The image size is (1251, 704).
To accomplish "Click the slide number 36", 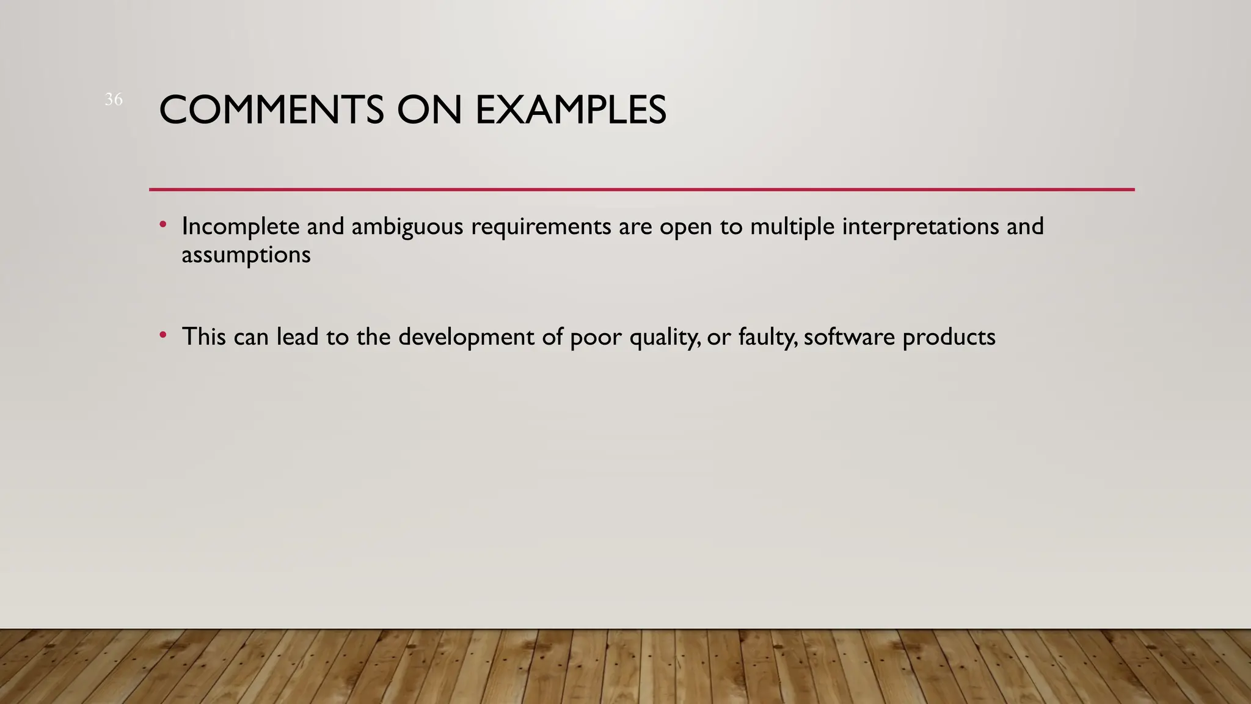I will click(x=114, y=99).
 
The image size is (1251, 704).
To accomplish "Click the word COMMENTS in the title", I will click(x=271, y=111).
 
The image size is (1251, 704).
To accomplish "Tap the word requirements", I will click(x=541, y=227).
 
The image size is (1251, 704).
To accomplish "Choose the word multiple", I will click(x=792, y=227).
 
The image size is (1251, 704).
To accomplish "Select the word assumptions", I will click(x=246, y=255).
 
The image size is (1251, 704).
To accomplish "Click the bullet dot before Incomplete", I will click(x=162, y=225).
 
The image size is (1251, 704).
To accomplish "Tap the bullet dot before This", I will click(x=162, y=335).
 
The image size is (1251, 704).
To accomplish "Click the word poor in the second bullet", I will click(x=596, y=337).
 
